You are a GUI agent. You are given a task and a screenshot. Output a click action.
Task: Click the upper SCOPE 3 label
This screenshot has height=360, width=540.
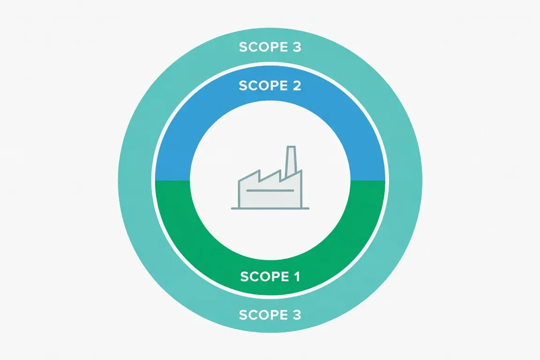point(270,47)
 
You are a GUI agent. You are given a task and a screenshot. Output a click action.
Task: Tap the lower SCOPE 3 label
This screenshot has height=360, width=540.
point(270,315)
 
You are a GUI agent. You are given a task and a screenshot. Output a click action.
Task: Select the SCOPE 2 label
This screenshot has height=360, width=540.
point(270,85)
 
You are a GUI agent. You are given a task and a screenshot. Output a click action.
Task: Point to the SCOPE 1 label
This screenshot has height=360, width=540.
point(270,276)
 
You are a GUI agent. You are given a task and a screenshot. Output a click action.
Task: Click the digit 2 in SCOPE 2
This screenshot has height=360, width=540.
point(297,85)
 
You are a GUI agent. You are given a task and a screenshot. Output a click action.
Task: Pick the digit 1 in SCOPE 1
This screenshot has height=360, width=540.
point(297,276)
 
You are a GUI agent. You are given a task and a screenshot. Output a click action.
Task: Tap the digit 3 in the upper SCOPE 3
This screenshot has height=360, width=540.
point(297,47)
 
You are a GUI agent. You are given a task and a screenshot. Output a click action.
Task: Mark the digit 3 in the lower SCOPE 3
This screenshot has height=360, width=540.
point(297,315)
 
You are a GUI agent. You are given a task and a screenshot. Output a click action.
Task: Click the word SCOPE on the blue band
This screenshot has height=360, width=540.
point(263,85)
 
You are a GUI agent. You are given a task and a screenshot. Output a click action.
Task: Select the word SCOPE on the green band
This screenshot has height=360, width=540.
point(264,276)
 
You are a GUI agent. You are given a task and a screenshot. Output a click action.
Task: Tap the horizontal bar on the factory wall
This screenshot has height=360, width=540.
point(270,190)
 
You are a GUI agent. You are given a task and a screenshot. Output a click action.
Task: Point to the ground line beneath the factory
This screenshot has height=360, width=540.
point(270,209)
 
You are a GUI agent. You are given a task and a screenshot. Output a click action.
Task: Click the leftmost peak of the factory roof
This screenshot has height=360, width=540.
point(259,170)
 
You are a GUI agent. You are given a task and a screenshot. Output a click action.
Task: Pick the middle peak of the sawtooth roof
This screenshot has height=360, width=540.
point(280,170)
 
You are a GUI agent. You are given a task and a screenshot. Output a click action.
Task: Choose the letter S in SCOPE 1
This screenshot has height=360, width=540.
point(245,276)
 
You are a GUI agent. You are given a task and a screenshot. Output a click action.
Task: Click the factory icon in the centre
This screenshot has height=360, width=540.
point(270,178)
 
